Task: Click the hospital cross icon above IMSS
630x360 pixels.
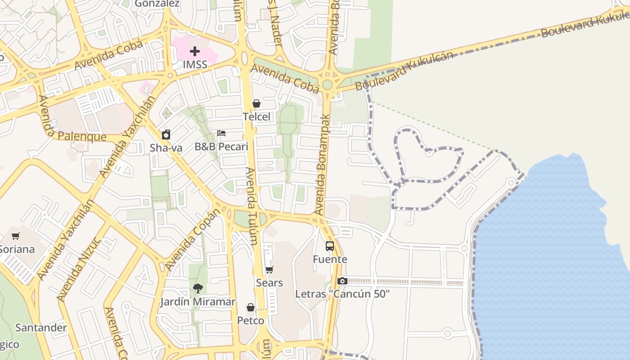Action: click(194, 51)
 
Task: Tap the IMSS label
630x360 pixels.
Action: click(195, 64)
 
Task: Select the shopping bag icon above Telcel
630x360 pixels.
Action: click(256, 103)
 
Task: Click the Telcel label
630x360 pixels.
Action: click(256, 117)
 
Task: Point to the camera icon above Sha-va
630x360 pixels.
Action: click(166, 134)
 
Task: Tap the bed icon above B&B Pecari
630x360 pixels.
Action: click(221, 133)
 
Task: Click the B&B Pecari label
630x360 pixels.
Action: click(221, 147)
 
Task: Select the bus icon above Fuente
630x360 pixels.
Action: click(330, 246)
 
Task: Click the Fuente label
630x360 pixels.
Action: click(330, 259)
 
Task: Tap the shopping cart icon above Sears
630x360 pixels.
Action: click(269, 270)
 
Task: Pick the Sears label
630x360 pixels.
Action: click(269, 283)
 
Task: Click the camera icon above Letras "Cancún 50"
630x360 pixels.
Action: click(342, 281)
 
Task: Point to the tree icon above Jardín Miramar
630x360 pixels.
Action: click(198, 288)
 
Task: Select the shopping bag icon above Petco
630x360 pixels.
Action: click(251, 307)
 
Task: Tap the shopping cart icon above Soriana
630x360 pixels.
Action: click(16, 236)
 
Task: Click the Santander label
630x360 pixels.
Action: click(41, 328)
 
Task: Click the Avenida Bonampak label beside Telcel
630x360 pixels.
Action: click(323, 164)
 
